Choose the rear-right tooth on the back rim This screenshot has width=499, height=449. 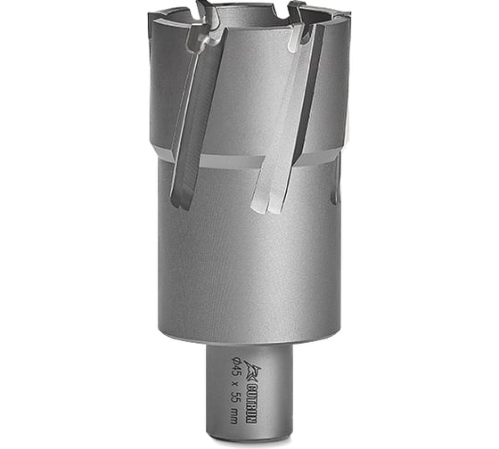point(294,9)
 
